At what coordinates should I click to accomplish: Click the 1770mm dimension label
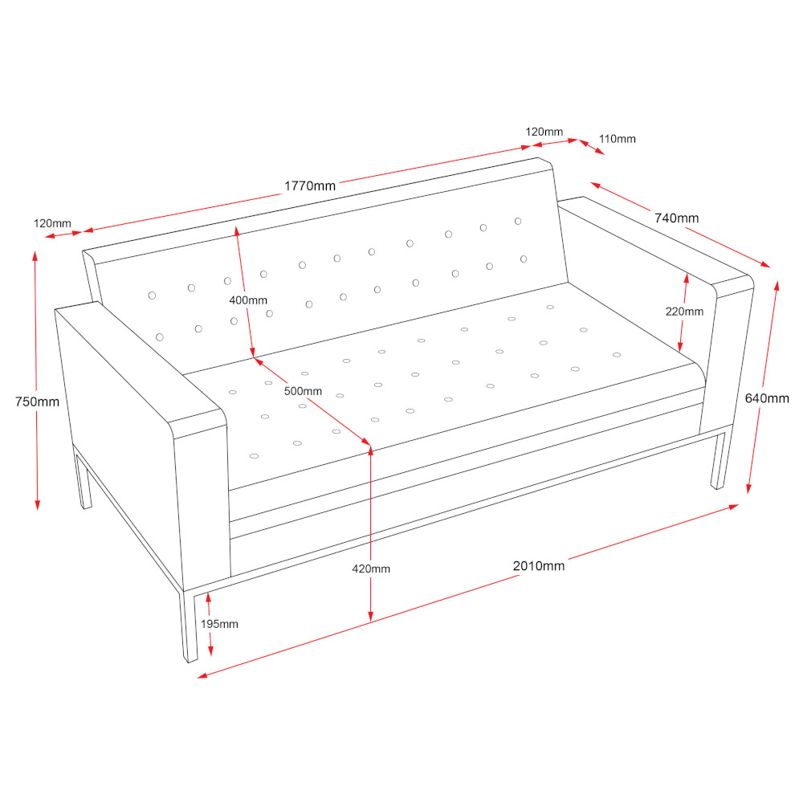310,186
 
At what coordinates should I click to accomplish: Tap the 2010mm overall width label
539,566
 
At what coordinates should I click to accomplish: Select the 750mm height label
38,401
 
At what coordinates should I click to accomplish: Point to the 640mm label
767,398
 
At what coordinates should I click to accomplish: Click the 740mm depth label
676,218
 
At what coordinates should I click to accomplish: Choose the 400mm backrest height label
248,300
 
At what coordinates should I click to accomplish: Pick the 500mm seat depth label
304,391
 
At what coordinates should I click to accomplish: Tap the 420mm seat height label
371,569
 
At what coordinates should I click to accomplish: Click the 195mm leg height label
219,624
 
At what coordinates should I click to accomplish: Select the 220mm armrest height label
684,312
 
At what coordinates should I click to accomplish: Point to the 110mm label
617,139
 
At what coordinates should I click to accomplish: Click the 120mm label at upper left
52,223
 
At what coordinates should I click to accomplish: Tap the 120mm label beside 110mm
544,132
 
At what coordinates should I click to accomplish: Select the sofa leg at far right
719,461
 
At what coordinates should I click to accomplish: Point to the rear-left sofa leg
84,479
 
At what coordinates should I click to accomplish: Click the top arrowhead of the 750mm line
35,255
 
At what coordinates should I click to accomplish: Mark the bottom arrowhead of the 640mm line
748,488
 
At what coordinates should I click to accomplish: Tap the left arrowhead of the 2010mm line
202,676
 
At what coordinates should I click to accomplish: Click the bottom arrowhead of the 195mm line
210,650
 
